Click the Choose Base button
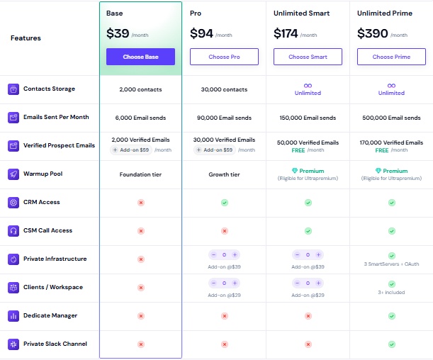(x=140, y=57)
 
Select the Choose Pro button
(x=224, y=57)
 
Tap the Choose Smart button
(x=308, y=57)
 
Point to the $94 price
(x=201, y=33)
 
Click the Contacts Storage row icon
(x=13, y=89)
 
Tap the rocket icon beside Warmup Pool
(x=13, y=174)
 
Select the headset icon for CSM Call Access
(x=13, y=231)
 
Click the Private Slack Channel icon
(x=13, y=344)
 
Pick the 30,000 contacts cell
(x=224, y=89)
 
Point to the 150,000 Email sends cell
(x=308, y=118)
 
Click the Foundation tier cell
(x=140, y=174)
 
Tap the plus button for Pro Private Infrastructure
(x=235, y=254)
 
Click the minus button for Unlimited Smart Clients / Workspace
(x=297, y=283)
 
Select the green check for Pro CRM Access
(x=224, y=203)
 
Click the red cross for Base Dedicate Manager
(x=140, y=316)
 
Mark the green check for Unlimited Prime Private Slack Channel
(x=391, y=344)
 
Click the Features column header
(x=26, y=38)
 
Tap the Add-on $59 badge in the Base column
(x=131, y=150)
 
